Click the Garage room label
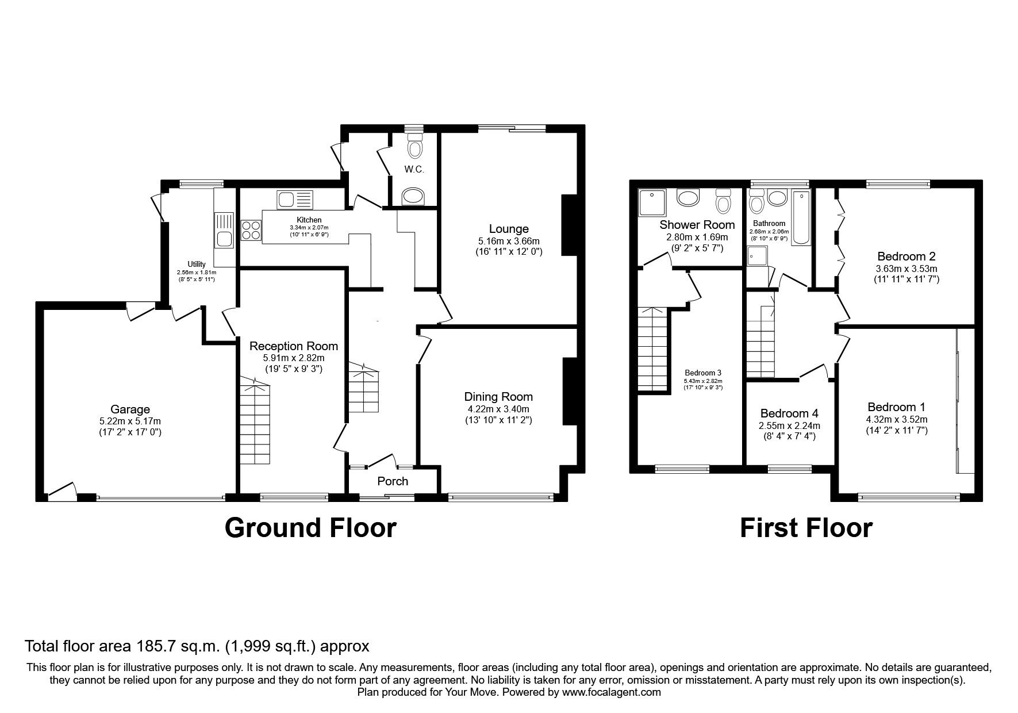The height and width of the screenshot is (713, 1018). pyautogui.click(x=130, y=409)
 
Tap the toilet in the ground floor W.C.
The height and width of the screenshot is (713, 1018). pyautogui.click(x=413, y=148)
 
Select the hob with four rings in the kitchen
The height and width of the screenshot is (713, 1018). pyautogui.click(x=251, y=230)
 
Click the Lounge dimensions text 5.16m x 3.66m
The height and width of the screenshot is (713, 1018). pyautogui.click(x=509, y=241)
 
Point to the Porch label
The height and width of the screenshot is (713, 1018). pyautogui.click(x=393, y=481)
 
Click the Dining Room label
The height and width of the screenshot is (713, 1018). pyautogui.click(x=498, y=397)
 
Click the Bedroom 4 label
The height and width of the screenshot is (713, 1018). pyautogui.click(x=789, y=413)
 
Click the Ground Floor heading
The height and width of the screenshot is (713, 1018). pyautogui.click(x=310, y=528)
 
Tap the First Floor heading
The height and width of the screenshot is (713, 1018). pyautogui.click(x=806, y=528)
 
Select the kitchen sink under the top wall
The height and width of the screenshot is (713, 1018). pyautogui.click(x=294, y=200)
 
